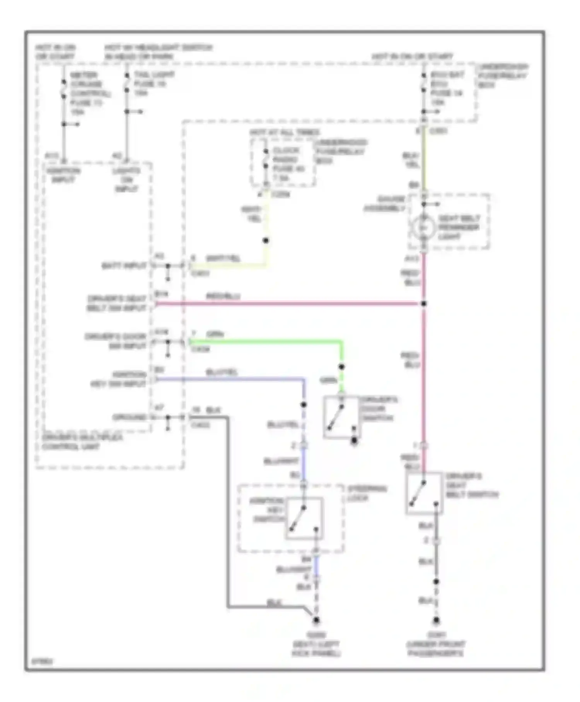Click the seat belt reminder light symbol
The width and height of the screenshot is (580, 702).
point(423,228)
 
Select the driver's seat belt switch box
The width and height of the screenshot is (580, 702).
point(424,493)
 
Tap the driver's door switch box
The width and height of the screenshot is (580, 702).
point(342,417)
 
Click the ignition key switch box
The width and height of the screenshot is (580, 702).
point(304,519)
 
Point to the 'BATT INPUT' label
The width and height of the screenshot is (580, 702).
point(124,266)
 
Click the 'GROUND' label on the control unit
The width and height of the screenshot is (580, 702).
point(130,417)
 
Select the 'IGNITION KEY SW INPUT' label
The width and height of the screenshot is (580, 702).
point(118,379)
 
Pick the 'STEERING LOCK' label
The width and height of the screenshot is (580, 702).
point(367,493)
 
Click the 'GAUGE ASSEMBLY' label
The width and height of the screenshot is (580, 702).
point(384,204)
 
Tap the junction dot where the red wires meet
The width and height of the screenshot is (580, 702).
point(424,304)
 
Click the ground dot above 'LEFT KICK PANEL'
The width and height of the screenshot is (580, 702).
point(316,620)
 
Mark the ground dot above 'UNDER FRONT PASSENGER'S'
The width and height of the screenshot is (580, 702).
point(436,620)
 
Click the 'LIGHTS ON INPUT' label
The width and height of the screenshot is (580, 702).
point(126,180)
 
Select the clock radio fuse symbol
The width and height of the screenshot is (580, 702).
point(266,159)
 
